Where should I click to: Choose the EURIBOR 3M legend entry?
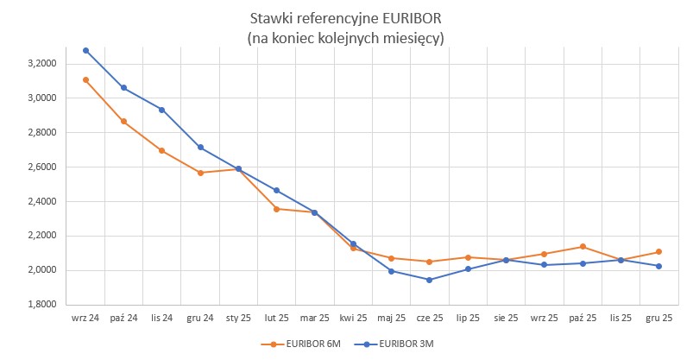404,344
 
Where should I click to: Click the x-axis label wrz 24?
85,318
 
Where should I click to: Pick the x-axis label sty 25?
238,318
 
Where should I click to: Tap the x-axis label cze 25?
429,318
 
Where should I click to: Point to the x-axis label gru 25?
658,318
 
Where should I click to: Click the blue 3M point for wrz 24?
85,50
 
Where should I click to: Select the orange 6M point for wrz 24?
85,80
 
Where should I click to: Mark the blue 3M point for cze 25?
429,280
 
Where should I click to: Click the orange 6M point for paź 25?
583,247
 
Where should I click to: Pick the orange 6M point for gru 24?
200,173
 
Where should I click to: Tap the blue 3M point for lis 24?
162,110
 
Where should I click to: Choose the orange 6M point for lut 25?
276,209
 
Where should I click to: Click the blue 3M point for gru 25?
658,266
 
